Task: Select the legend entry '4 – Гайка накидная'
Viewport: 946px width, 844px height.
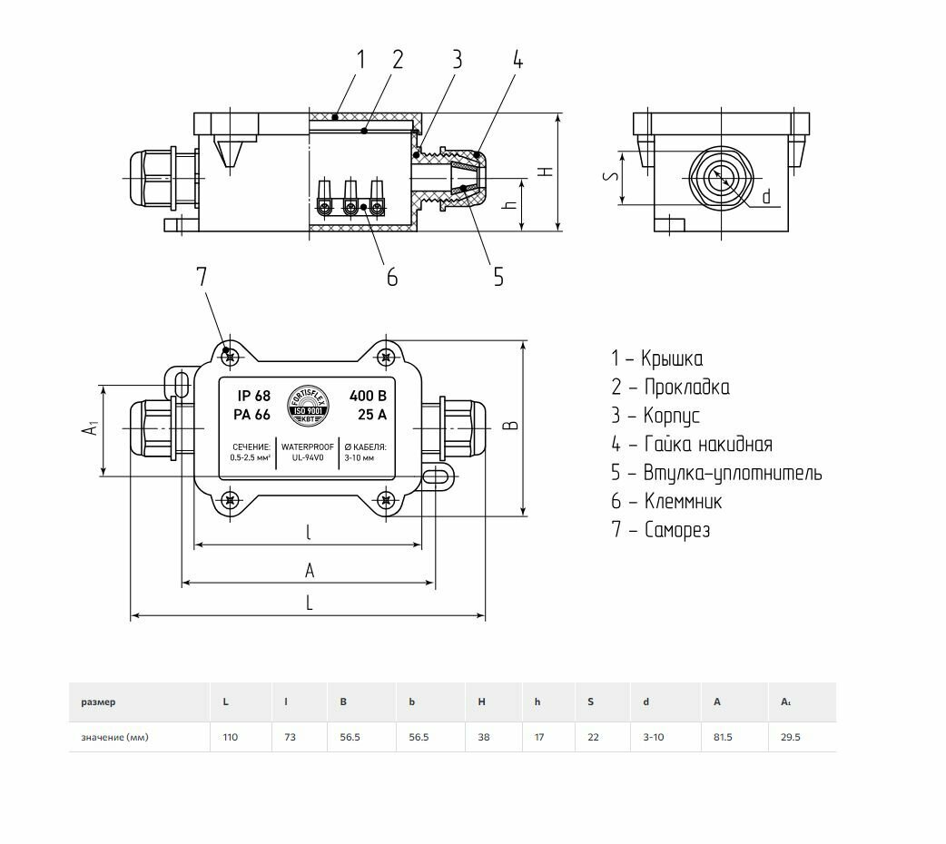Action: coord(691,445)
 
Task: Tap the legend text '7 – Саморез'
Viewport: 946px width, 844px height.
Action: coord(660,530)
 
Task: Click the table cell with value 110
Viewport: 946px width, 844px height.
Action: coord(231,737)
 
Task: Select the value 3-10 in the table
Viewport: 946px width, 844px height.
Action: coord(653,737)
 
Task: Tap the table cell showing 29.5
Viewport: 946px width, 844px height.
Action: coord(791,737)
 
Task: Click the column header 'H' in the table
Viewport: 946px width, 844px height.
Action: coord(482,702)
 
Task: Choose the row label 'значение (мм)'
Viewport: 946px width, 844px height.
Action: coord(114,737)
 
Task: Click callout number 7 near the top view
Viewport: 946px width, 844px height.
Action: coord(202,277)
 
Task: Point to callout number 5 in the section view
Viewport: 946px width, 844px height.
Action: coord(498,276)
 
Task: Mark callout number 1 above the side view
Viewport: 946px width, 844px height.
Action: coord(360,60)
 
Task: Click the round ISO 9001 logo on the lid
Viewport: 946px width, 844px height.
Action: coord(309,407)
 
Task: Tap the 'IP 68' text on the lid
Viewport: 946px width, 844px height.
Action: coord(254,396)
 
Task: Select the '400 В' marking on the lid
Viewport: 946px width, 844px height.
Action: coord(368,396)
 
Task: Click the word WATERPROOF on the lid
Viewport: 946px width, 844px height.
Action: coord(309,447)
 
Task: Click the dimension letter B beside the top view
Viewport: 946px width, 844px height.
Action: coord(509,426)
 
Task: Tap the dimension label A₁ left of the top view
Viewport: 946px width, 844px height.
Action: coord(89,427)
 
